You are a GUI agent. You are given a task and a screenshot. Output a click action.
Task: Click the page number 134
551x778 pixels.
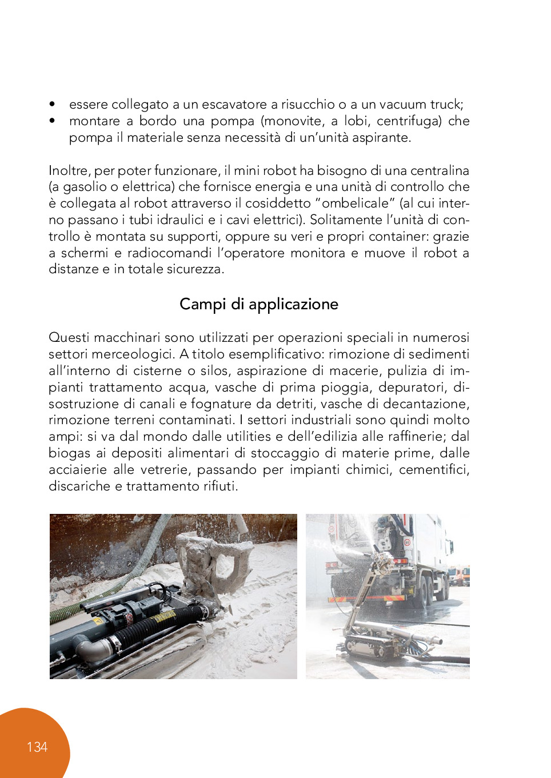[x=37, y=747]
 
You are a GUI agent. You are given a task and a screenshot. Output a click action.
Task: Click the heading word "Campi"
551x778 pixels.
[x=203, y=304]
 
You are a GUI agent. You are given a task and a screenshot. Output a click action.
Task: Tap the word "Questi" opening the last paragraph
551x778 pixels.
[x=69, y=338]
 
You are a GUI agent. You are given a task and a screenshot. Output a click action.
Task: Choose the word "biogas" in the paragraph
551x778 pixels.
[x=69, y=453]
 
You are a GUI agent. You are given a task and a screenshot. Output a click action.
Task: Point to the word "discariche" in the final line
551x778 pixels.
[x=79, y=486]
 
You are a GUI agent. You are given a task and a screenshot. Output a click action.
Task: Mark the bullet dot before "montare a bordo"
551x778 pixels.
[x=53, y=121]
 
